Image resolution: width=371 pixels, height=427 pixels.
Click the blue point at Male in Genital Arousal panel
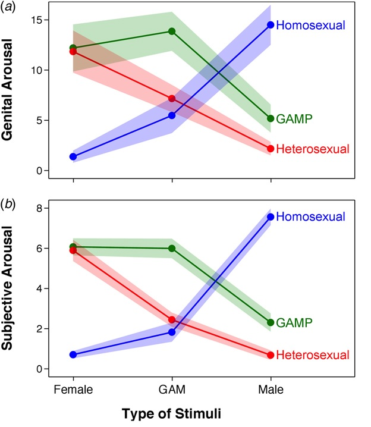271,25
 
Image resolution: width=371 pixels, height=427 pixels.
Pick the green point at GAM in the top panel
172,31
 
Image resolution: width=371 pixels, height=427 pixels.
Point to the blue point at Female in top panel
73,157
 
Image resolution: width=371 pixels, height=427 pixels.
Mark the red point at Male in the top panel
271,149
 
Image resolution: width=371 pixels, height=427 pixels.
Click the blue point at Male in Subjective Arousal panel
271,217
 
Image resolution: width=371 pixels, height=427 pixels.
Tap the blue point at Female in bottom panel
73,354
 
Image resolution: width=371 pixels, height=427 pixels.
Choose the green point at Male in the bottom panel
271,322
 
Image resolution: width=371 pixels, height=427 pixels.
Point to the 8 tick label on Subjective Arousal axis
39,208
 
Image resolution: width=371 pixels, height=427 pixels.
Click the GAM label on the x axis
172,390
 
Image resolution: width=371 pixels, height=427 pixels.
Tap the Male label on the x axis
271,390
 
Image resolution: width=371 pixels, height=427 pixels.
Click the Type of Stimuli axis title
172,413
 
